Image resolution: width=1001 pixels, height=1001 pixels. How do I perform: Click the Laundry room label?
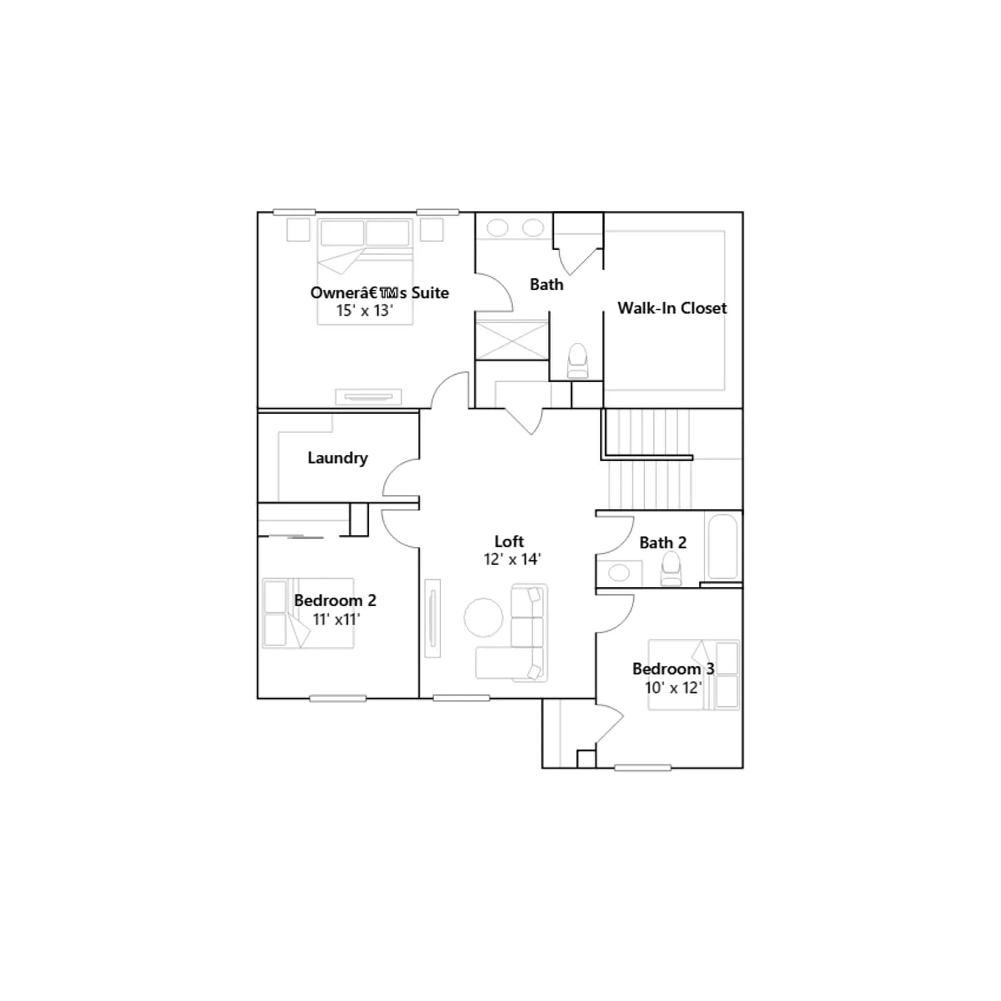coord(337,458)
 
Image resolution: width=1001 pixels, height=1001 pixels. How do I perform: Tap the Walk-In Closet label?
coord(672,308)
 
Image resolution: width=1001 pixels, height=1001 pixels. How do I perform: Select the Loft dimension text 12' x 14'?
coord(512,559)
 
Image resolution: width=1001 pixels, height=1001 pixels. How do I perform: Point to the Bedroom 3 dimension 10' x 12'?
coord(673,688)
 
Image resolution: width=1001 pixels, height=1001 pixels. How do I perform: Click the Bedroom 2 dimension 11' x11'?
coord(336,619)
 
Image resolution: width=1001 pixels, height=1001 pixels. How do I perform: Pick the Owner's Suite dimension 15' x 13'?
coord(364,310)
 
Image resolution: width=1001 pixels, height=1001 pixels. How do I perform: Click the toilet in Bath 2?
coord(671,569)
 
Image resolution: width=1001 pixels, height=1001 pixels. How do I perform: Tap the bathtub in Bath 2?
coord(723,547)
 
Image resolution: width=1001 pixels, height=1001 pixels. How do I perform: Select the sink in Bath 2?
coord(619,572)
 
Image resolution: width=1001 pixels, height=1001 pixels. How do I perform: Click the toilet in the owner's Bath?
coord(577,361)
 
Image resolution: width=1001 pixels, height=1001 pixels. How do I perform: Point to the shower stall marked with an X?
coord(512,340)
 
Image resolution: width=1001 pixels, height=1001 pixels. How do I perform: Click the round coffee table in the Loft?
coord(483,617)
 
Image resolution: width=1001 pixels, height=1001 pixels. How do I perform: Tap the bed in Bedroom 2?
coord(308,613)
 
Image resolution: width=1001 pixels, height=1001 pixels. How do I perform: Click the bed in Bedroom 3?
coord(694,674)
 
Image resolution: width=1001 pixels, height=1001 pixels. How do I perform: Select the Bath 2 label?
coord(663,542)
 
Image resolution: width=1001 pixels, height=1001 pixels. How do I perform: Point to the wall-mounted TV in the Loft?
coord(432,618)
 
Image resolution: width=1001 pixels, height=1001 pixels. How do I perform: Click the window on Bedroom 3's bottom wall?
coord(643,768)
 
